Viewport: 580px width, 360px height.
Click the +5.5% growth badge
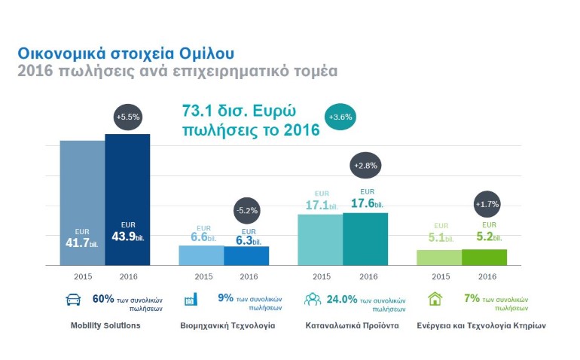coord(127,117)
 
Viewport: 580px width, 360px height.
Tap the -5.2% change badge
coord(246,210)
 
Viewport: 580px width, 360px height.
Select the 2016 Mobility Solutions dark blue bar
coord(127,200)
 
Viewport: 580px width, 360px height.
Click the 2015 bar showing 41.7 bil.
coord(82,203)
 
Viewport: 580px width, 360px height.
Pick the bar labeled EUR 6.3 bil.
coord(246,255)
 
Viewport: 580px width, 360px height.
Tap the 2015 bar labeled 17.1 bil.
coord(320,239)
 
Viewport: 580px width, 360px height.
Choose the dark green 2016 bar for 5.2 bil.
coord(484,257)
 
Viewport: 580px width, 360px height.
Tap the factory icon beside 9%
coord(191,299)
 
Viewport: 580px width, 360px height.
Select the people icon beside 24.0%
coord(312,299)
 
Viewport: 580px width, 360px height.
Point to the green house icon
coord(435,299)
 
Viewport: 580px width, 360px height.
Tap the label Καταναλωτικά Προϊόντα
coord(352,326)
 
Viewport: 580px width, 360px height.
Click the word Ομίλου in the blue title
coord(201,54)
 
